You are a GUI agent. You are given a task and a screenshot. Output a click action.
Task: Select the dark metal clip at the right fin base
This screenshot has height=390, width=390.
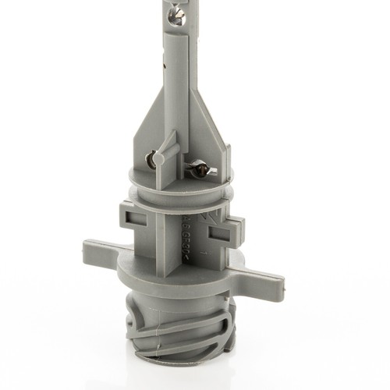tap(199, 166)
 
